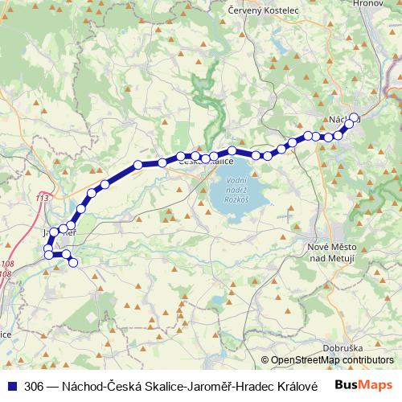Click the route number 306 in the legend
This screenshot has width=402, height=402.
tap(35, 386)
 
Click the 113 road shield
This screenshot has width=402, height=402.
tap(43, 197)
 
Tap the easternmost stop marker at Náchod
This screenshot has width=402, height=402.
tap(354, 118)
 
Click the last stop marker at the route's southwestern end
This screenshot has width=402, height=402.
tap(73, 262)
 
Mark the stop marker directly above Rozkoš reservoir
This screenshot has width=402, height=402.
tap(232, 151)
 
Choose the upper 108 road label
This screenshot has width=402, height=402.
tap(7, 264)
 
